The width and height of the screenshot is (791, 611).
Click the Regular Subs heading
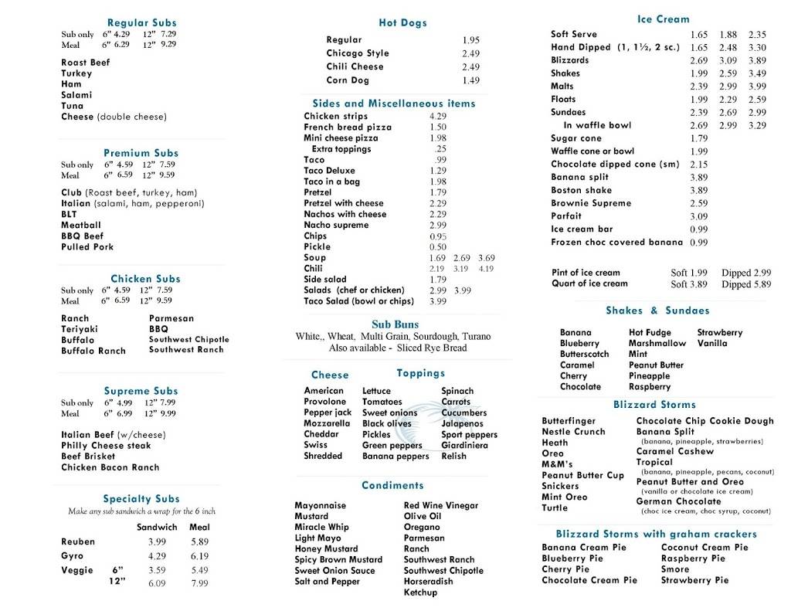(x=141, y=23)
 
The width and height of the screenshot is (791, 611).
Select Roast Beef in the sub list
(x=86, y=63)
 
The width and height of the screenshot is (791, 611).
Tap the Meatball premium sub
(x=81, y=226)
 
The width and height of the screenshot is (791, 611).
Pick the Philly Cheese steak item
(x=106, y=446)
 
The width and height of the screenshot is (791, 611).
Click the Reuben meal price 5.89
(x=199, y=542)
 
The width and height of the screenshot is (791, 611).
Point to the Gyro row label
(x=72, y=556)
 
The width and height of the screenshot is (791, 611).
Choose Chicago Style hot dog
(x=358, y=53)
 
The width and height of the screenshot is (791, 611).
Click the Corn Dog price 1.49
(x=470, y=80)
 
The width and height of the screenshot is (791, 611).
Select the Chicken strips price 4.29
(x=438, y=117)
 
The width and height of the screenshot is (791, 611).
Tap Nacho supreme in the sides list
(x=336, y=225)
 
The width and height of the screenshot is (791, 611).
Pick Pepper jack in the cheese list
(x=328, y=412)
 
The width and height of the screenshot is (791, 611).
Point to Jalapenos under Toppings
(x=463, y=423)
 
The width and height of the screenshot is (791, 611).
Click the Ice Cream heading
(x=664, y=19)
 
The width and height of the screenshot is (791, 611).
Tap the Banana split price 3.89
(x=698, y=177)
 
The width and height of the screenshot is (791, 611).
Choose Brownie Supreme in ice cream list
(x=591, y=203)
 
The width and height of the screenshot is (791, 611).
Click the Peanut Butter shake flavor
(x=656, y=365)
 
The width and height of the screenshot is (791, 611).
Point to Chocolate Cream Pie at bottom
(x=589, y=580)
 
